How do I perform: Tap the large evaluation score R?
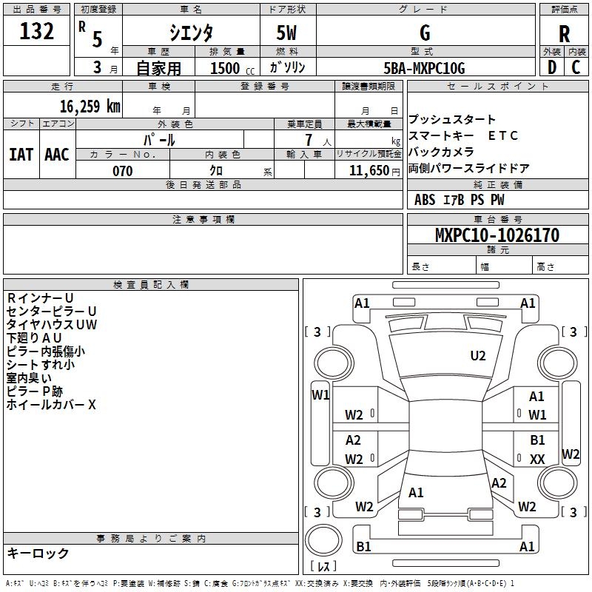[564, 34]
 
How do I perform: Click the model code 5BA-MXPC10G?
[425, 68]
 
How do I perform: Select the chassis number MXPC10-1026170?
[497, 235]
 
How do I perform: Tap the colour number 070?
[122, 171]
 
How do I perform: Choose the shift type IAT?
[21, 154]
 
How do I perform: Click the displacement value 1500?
[226, 68]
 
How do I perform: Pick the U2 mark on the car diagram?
[478, 356]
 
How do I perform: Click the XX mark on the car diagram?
[537, 460]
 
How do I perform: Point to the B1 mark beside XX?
[537, 440]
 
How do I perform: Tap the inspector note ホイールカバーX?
[51, 405]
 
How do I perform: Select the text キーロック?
[38, 553]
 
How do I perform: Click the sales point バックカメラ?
[441, 152]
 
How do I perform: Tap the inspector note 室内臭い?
[29, 378]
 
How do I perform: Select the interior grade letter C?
[575, 67]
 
